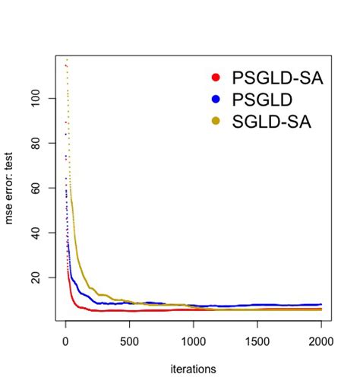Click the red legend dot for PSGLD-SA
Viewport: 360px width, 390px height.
click(216, 78)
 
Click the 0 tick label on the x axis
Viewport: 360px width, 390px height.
click(65, 339)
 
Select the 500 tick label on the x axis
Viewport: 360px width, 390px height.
click(129, 339)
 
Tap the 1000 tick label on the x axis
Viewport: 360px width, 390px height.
click(193, 339)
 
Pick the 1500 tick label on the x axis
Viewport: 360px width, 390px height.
click(257, 339)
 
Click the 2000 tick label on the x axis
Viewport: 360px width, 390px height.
click(321, 339)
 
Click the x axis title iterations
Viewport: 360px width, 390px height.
click(193, 369)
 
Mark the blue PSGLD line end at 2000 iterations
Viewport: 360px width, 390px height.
click(321, 304)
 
